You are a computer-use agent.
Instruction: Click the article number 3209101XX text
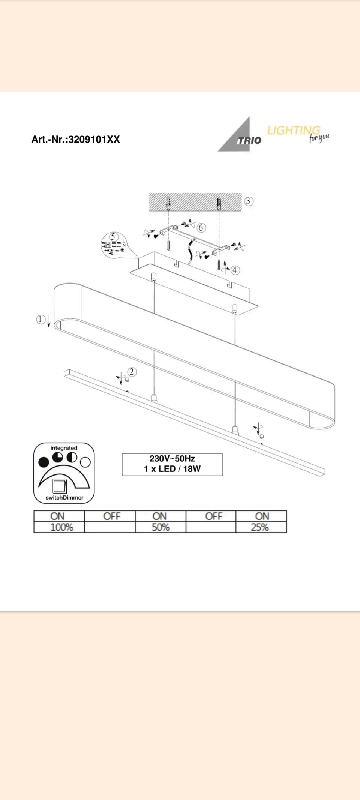point(75,140)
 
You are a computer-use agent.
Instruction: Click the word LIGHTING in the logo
point(293,131)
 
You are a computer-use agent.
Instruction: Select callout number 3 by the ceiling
point(249,201)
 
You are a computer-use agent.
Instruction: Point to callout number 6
point(201,228)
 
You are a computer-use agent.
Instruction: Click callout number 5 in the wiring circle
point(113,237)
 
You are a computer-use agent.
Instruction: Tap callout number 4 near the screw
point(235,270)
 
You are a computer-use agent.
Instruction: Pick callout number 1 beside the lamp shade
point(40,319)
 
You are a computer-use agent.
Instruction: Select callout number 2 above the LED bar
point(132,372)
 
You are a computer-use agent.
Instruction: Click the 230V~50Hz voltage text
point(172,459)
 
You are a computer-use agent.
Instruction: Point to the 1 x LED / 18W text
point(172,469)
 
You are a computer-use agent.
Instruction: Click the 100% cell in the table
point(61,527)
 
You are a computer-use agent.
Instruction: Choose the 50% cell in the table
point(160,527)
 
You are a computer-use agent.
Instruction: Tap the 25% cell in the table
point(260,527)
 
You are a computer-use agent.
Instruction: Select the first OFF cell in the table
point(111,516)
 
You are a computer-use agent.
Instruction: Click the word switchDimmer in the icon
point(64,498)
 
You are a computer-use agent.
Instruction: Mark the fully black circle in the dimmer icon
point(44,462)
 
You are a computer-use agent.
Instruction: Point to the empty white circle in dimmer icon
point(85,462)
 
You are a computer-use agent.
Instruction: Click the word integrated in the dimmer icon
point(64,448)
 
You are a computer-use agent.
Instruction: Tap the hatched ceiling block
point(195,202)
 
